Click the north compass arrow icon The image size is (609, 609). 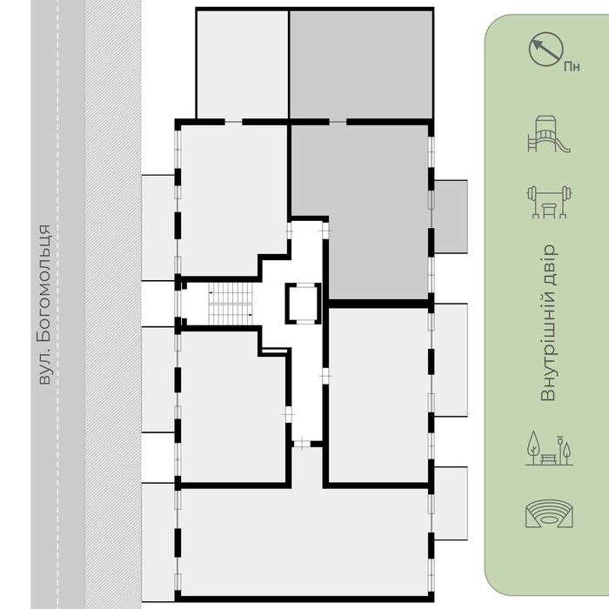point(545,49)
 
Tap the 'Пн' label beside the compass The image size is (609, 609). point(572,67)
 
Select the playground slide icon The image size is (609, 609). point(548,134)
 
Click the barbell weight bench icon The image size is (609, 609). point(549,202)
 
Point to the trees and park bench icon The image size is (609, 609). point(549,448)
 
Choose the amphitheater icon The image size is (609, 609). point(549,513)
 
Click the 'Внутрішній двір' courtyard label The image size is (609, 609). point(549,323)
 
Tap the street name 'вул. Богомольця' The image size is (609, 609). point(44,304)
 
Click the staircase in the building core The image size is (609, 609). point(231,304)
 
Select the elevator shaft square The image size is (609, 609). point(303,304)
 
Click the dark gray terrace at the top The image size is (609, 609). point(361,64)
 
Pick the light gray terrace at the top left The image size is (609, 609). point(243,64)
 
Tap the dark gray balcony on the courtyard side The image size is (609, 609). point(451,217)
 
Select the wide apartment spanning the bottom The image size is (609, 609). point(304,541)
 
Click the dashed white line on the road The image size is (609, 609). point(58,304)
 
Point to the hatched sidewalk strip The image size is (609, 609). point(113,304)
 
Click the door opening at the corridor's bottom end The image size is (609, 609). point(302,444)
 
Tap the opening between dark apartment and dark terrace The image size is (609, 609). point(338,122)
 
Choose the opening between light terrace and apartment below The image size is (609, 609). point(233,122)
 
